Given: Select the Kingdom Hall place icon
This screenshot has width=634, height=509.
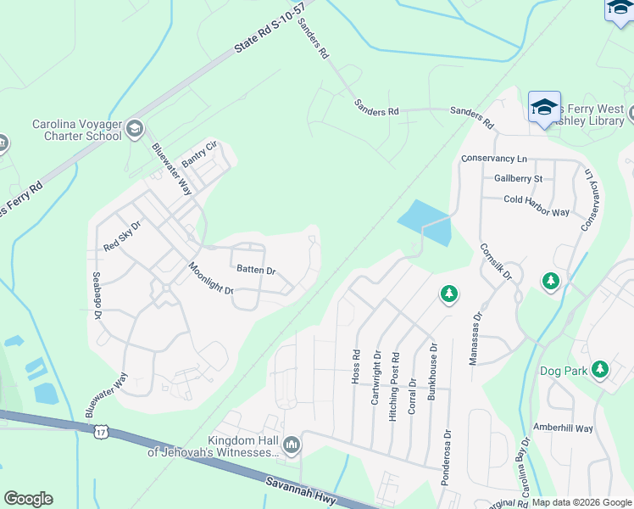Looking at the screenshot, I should click(292, 444).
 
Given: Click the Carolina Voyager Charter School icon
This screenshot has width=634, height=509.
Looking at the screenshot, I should click(134, 129).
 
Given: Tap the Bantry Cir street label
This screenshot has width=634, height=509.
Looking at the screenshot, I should click(200, 154).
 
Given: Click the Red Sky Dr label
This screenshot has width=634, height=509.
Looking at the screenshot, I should click(121, 236).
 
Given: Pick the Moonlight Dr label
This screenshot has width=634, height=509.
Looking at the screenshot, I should click(210, 278).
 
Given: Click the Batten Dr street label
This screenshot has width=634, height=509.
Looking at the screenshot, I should click(256, 270).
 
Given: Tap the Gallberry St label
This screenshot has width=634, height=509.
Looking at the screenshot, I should click(518, 179).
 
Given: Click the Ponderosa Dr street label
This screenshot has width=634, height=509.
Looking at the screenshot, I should click(445, 462).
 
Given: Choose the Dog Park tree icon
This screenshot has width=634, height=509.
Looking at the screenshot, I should click(600, 369).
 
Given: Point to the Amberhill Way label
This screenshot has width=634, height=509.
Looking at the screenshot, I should click(563, 428).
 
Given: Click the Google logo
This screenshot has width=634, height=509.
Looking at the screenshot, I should click(28, 499).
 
